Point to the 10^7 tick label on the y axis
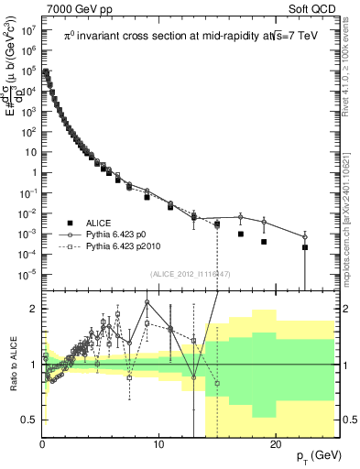(27, 29)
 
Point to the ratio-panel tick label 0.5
(30, 420)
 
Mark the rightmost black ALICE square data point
(305, 247)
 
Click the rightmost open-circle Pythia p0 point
(305, 237)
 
